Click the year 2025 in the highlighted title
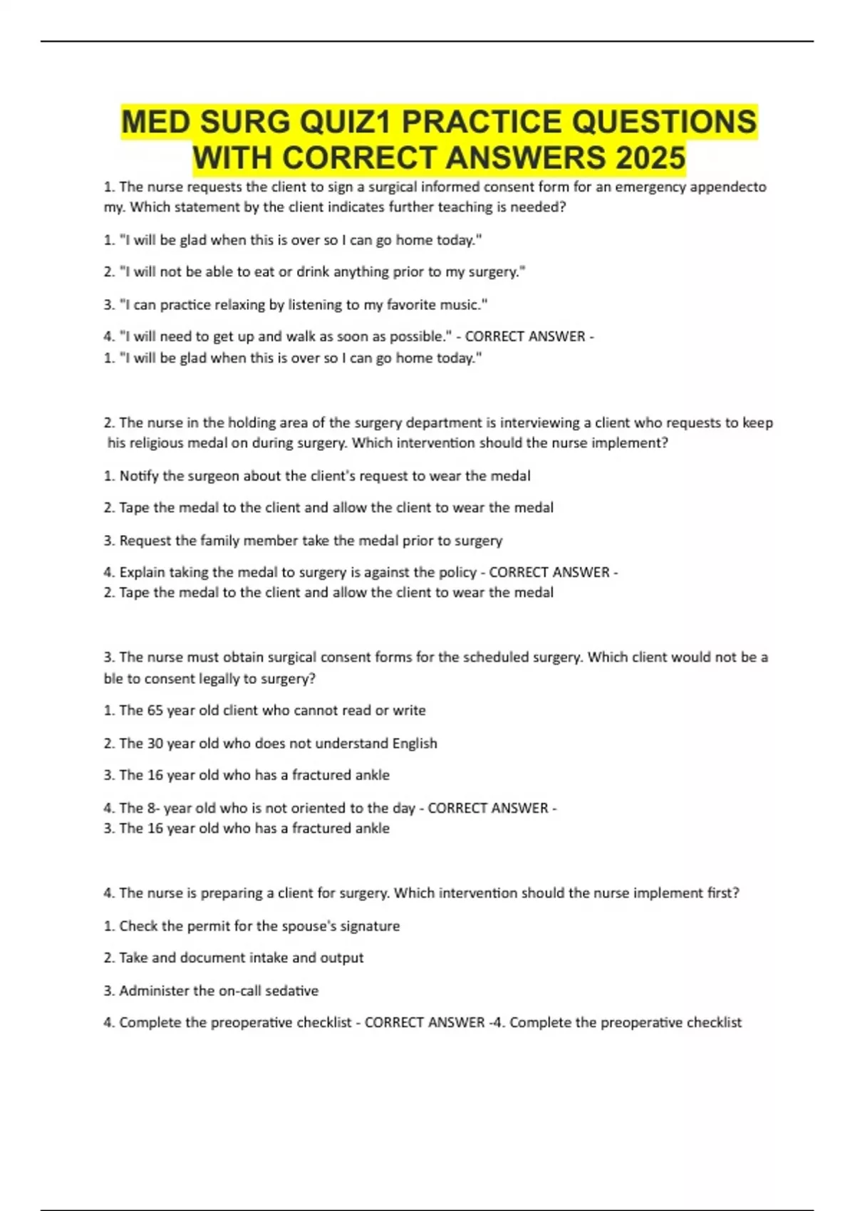click(650, 157)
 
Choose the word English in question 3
click(415, 743)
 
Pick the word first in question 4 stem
click(721, 893)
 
